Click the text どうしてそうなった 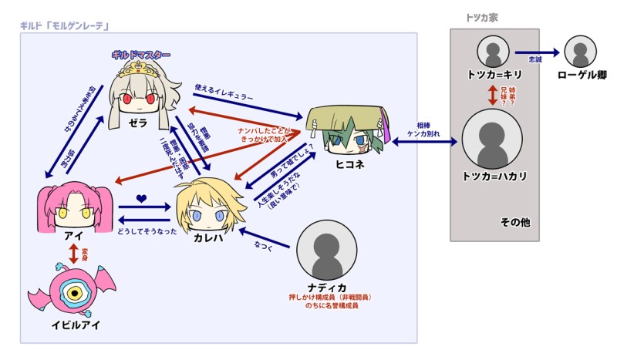(147, 230)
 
